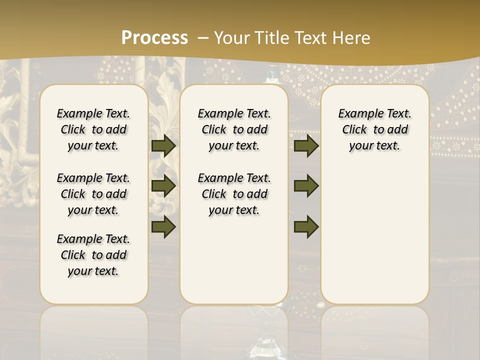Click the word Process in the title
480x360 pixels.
pyautogui.click(x=154, y=37)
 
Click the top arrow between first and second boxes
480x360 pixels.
pyautogui.click(x=163, y=145)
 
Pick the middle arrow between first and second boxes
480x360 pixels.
pyautogui.click(x=163, y=186)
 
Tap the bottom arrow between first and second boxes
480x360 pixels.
pyautogui.click(x=163, y=226)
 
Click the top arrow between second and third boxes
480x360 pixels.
pyautogui.click(x=306, y=145)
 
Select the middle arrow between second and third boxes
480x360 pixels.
pyautogui.click(x=306, y=186)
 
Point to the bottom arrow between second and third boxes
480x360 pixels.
pyautogui.click(x=306, y=226)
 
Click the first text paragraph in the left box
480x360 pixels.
pyautogui.click(x=93, y=129)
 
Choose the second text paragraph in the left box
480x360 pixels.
pyautogui.click(x=93, y=194)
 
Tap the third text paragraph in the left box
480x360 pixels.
pyautogui.click(x=93, y=255)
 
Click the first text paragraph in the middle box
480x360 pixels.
pyautogui.click(x=234, y=129)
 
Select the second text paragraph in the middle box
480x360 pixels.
pyautogui.click(x=234, y=194)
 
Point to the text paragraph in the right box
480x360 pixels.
pyautogui.click(x=375, y=129)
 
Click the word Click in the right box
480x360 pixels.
pyautogui.click(x=354, y=130)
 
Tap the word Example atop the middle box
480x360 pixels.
pyautogui.click(x=216, y=113)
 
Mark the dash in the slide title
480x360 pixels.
pyautogui.click(x=203, y=37)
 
